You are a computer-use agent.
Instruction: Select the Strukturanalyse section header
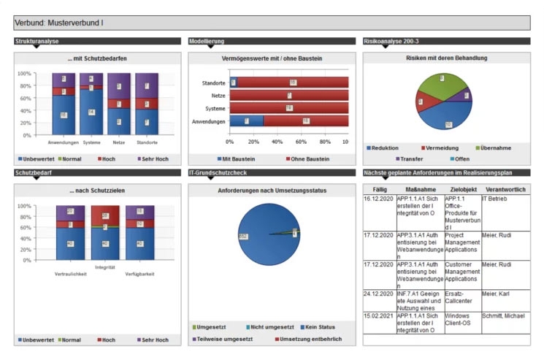click(x=37, y=42)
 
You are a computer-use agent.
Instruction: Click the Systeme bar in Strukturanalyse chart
click(x=91, y=102)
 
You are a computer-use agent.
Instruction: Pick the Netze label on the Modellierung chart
click(x=217, y=96)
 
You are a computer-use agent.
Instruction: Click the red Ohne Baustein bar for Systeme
click(x=289, y=108)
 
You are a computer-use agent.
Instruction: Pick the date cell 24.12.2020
click(x=379, y=293)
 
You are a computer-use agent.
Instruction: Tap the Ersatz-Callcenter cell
click(x=461, y=296)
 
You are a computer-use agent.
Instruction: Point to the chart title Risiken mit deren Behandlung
click(x=446, y=58)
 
